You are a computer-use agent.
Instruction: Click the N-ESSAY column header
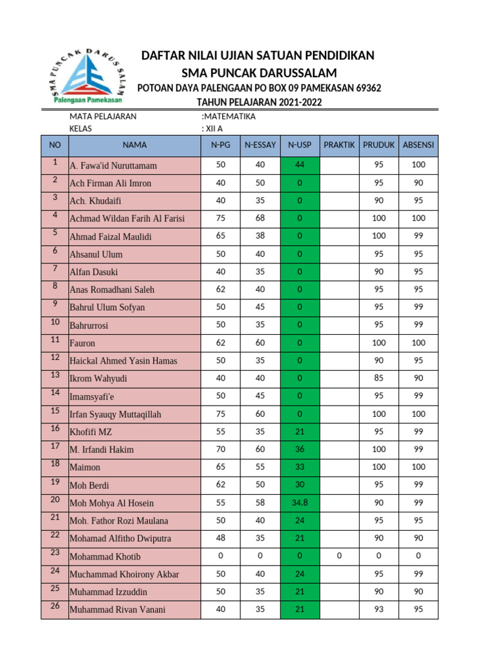[x=260, y=145]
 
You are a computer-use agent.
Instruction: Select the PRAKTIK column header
[x=339, y=145]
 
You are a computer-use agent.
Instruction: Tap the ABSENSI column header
[x=419, y=145]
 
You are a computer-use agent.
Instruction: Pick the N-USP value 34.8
[x=299, y=503]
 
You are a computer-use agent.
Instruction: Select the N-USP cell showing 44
[x=299, y=165]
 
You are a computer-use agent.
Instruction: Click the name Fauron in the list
[x=83, y=343]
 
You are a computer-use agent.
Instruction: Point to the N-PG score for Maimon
[x=220, y=467]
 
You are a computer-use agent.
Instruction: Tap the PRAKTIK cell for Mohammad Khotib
[x=339, y=556]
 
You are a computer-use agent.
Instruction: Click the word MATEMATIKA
[x=230, y=117]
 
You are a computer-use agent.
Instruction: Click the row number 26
[x=54, y=607]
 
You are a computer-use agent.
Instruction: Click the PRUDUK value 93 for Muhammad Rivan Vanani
[x=379, y=609]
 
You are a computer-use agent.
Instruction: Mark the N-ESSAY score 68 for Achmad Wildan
[x=260, y=218]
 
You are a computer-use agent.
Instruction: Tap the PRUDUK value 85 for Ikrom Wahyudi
[x=379, y=378]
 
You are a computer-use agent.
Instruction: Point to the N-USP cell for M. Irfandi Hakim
[x=299, y=450]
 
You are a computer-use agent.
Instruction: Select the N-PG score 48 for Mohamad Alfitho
[x=220, y=538]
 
